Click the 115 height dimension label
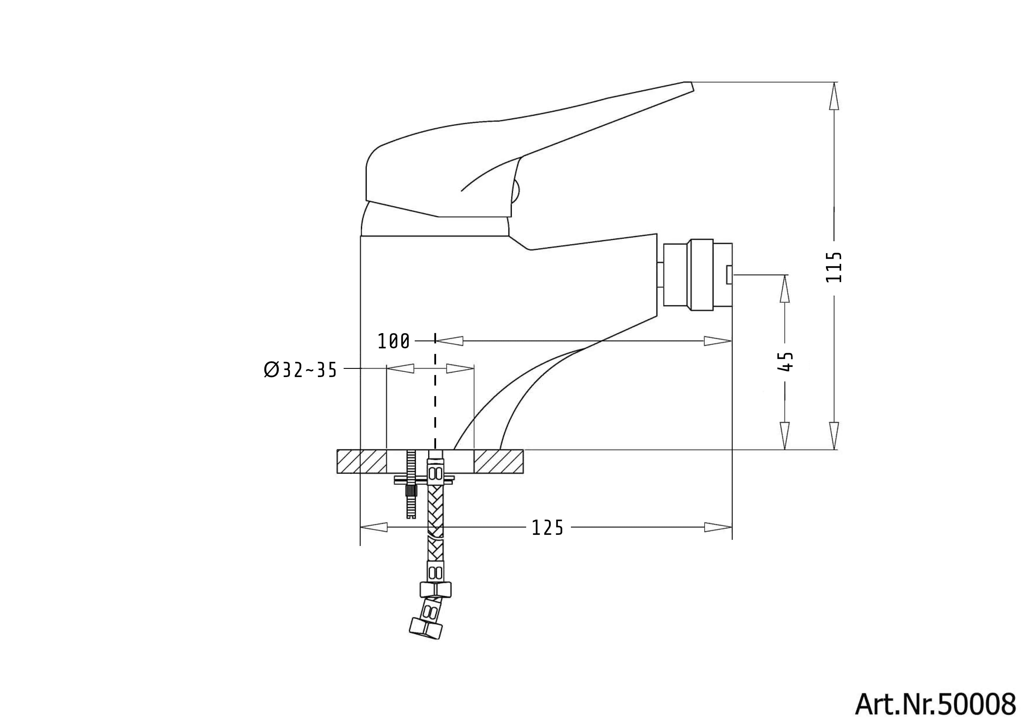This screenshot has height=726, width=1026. pyautogui.click(x=834, y=267)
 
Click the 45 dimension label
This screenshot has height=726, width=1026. pyautogui.click(x=785, y=362)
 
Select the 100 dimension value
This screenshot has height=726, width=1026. pyautogui.click(x=393, y=342)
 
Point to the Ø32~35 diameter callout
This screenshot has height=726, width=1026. pyautogui.click(x=300, y=370)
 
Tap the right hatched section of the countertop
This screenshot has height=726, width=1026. pyautogui.click(x=498, y=461)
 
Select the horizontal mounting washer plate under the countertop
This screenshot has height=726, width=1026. pyautogui.click(x=424, y=480)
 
